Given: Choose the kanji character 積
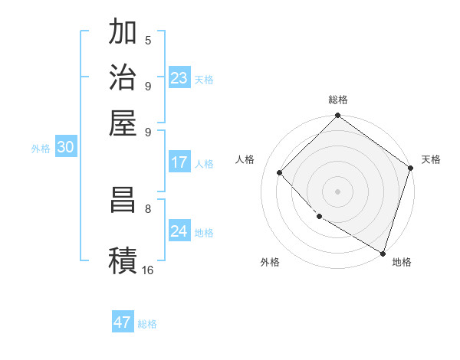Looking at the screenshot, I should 123,260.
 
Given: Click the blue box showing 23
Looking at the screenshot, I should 179,78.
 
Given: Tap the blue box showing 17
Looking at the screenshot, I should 179,162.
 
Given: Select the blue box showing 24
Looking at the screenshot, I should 179,231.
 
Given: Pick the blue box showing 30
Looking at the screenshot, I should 65,148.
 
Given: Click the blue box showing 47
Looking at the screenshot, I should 123,322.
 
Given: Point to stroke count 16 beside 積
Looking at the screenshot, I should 147,270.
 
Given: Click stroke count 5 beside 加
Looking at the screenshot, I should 147,40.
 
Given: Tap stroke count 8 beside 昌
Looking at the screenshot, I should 147,208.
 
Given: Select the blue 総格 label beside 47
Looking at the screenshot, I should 147,324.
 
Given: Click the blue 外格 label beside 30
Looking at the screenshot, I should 41,149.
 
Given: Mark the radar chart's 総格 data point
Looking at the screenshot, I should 337,116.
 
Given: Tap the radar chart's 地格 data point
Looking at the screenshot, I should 383,251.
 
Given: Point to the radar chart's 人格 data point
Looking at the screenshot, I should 280,173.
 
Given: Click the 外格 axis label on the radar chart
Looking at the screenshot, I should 270,263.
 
